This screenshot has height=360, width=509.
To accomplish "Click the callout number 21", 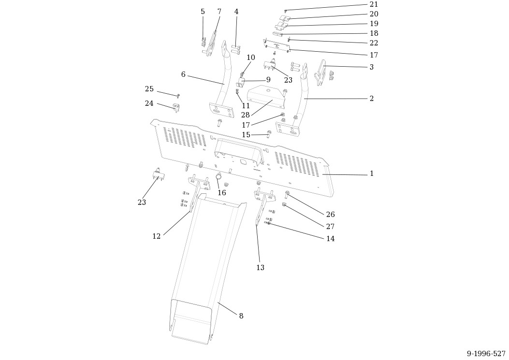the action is click(x=374, y=4).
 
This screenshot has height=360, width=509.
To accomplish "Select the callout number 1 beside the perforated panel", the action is click(x=372, y=173).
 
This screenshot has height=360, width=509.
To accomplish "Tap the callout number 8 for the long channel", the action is click(x=241, y=316).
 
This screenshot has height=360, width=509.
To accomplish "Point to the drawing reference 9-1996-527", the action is click(x=486, y=353).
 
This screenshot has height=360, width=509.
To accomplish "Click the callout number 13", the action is click(x=261, y=268).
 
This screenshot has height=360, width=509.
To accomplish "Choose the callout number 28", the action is click(x=246, y=115).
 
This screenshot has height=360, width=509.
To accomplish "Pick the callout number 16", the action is click(x=222, y=193).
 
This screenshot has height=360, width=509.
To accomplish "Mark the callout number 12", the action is click(x=157, y=236).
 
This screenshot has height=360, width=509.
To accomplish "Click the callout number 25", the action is click(x=149, y=89).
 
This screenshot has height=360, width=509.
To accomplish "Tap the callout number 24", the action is click(x=149, y=103).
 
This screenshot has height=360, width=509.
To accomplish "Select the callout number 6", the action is click(x=183, y=75).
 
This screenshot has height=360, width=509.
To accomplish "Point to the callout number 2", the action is click(x=372, y=99).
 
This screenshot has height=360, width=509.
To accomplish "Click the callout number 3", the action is click(x=372, y=67).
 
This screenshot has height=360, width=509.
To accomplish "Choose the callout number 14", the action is click(x=330, y=239).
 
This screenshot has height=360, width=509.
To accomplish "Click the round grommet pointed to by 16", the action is click(x=219, y=176).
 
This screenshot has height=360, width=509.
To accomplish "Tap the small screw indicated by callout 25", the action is click(x=178, y=96).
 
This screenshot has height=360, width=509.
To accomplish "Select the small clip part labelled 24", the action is click(x=175, y=107).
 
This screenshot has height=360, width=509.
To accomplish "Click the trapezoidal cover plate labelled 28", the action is click(x=266, y=97).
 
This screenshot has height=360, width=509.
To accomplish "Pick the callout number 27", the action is click(x=330, y=227).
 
